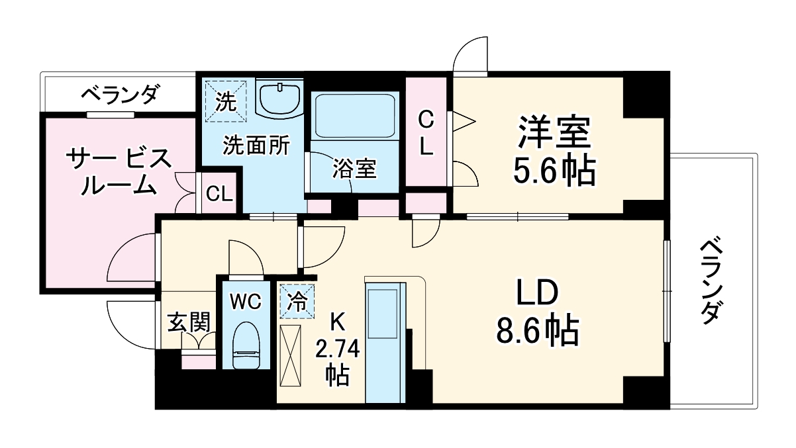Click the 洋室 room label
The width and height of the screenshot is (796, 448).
click(x=554, y=132)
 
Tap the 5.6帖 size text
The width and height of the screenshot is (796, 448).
click(x=554, y=171)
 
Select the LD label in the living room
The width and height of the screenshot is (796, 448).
click(x=538, y=293)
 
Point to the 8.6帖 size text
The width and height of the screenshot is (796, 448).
click(x=538, y=330)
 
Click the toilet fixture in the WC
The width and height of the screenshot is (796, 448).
click(x=246, y=343)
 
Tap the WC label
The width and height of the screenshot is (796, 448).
click(x=246, y=302)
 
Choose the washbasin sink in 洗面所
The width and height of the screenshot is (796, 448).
click(x=279, y=99)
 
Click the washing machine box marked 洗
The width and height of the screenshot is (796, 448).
click(x=225, y=101)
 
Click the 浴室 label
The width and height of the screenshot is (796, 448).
click(x=354, y=169)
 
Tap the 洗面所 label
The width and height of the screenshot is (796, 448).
click(x=256, y=144)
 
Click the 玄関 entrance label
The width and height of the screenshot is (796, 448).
click(x=188, y=322)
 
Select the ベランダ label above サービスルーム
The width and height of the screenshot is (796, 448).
click(x=120, y=95)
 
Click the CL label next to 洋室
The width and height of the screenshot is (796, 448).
click(x=426, y=134)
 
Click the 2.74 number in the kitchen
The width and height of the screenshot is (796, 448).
click(x=338, y=348)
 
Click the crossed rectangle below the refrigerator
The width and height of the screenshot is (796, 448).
click(x=291, y=355)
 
